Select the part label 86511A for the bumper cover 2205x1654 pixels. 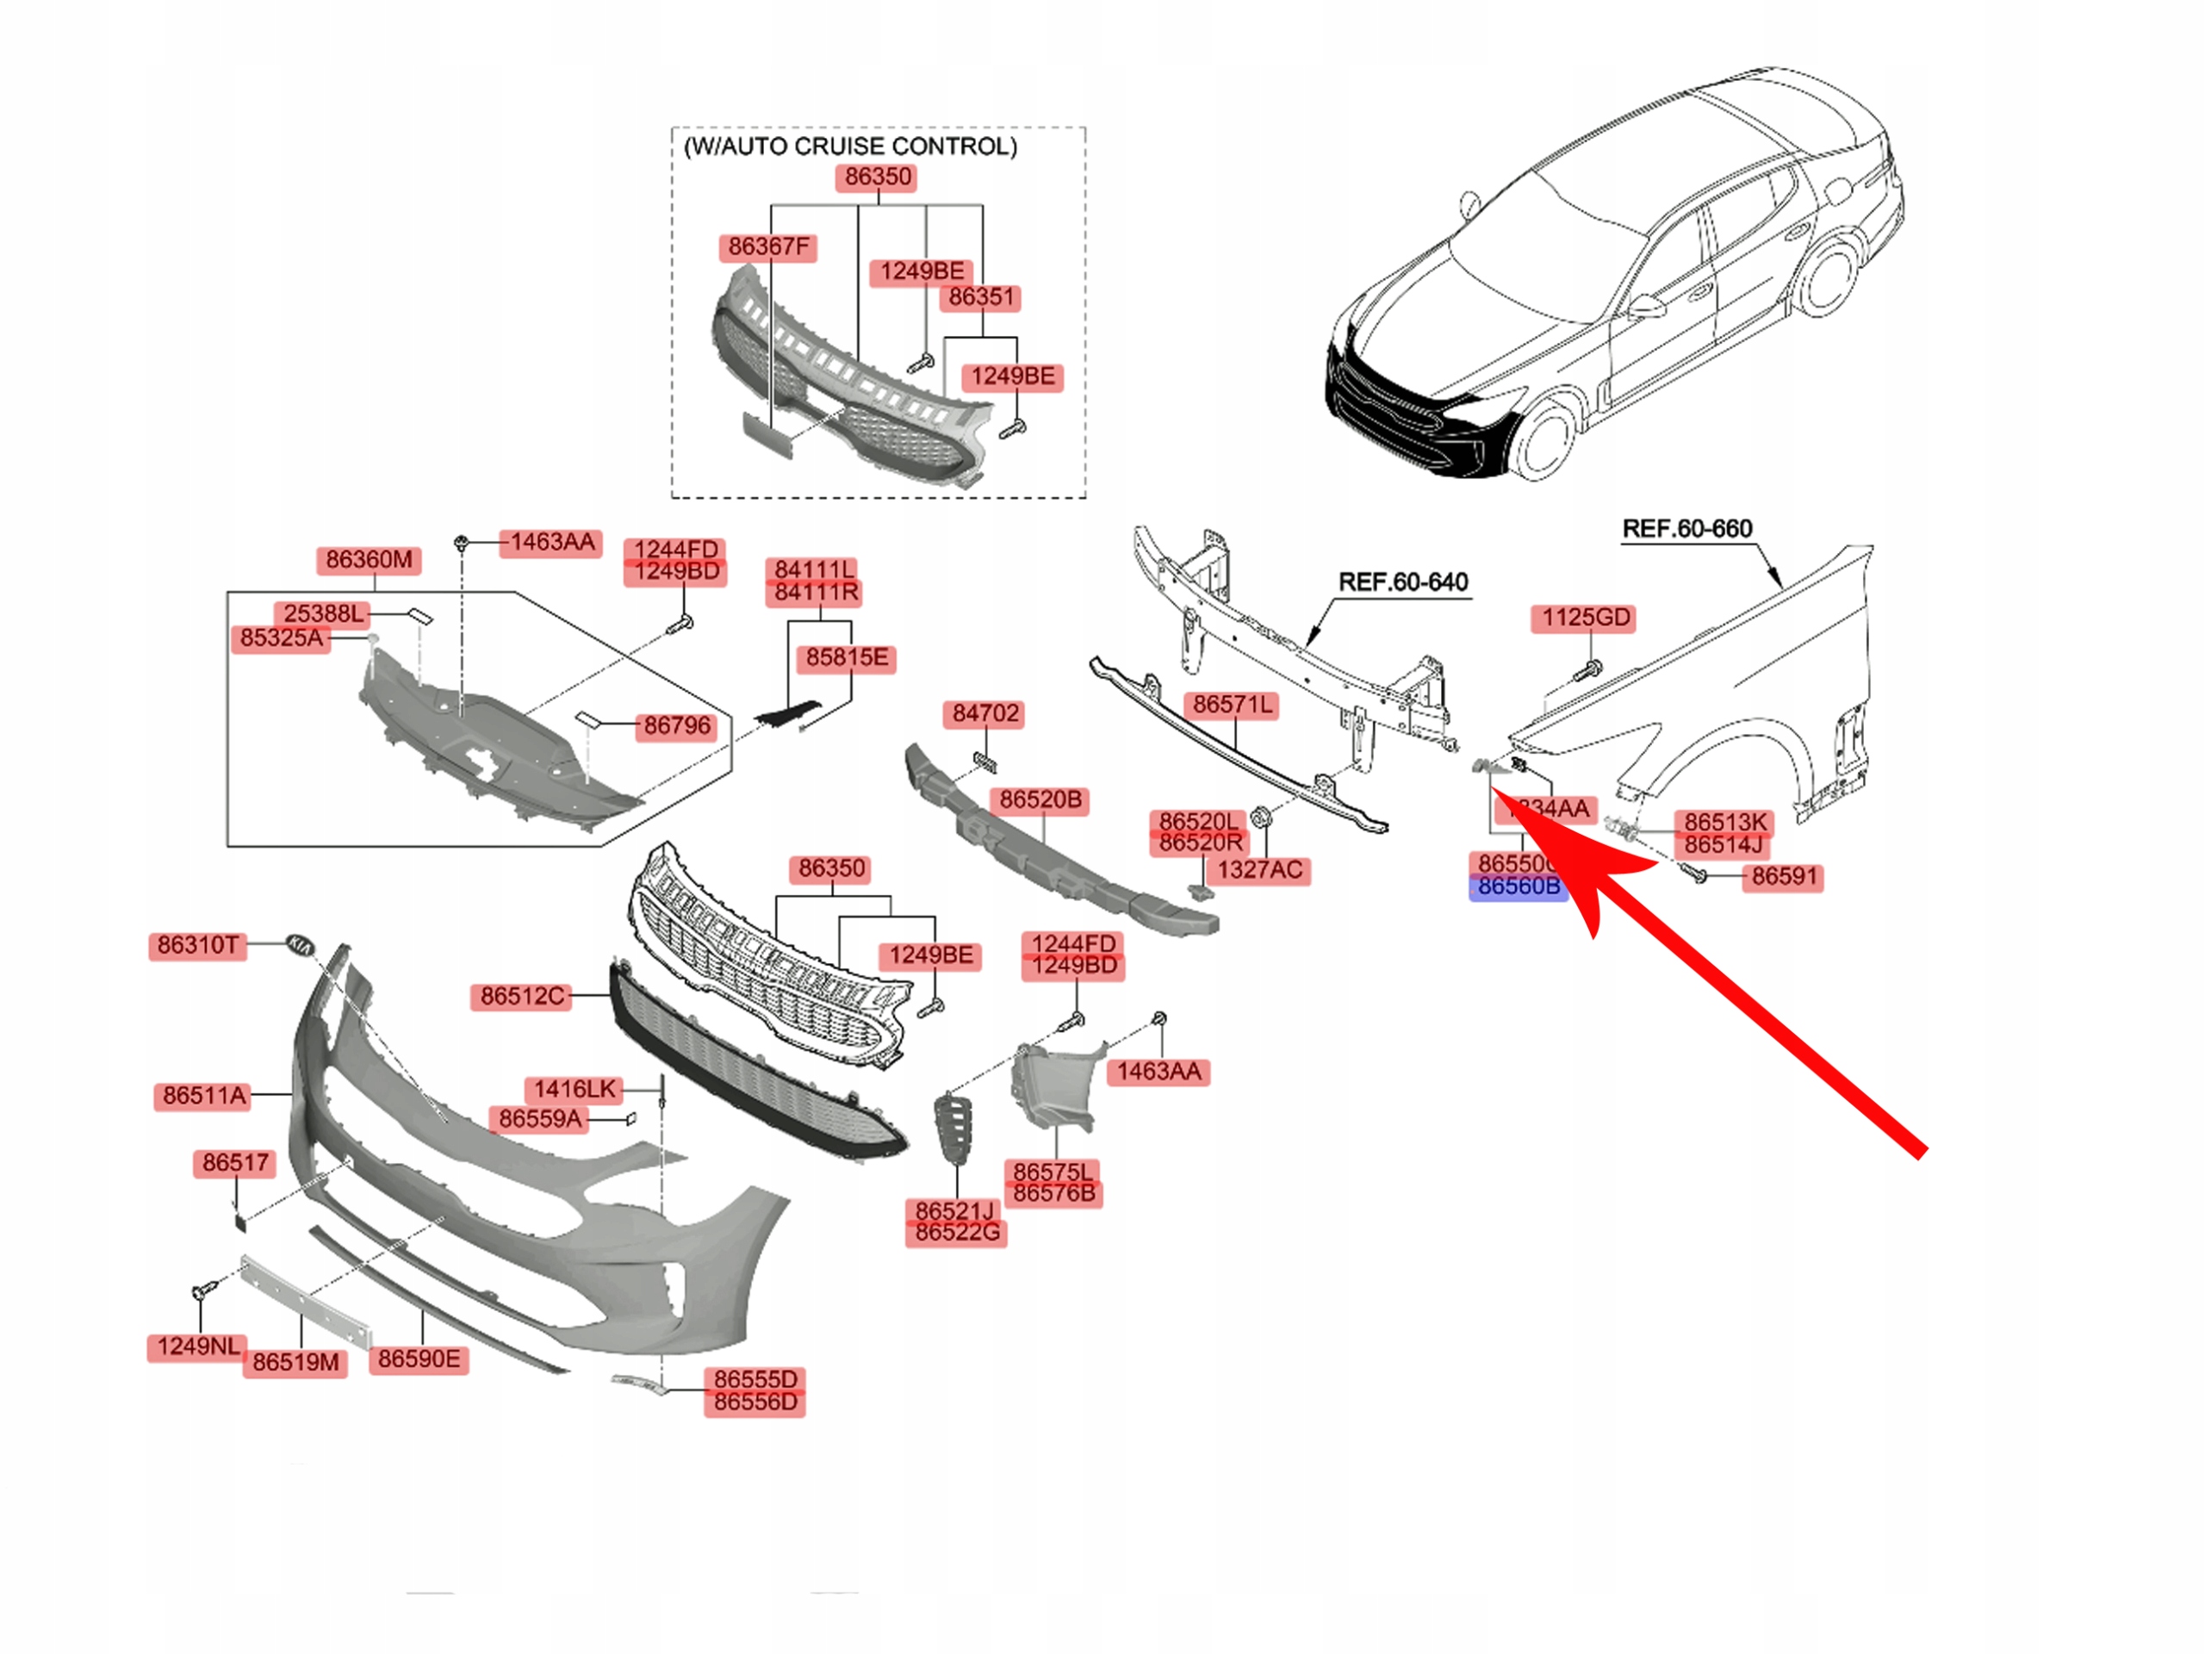point(204,1096)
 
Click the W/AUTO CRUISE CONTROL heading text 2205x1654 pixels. point(850,146)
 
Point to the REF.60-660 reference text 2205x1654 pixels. point(1686,528)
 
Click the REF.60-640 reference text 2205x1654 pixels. point(1402,581)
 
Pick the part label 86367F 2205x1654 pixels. point(767,247)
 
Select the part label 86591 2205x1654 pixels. point(1785,877)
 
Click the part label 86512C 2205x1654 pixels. point(521,996)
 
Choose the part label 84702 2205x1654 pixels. point(984,714)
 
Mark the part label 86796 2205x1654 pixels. point(677,726)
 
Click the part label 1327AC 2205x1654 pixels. point(1259,870)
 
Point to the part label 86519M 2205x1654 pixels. point(295,1362)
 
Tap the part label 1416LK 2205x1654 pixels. point(575,1089)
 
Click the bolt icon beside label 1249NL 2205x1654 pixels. point(199,1292)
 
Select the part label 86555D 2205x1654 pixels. point(755,1380)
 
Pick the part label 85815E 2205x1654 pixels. point(847,658)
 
